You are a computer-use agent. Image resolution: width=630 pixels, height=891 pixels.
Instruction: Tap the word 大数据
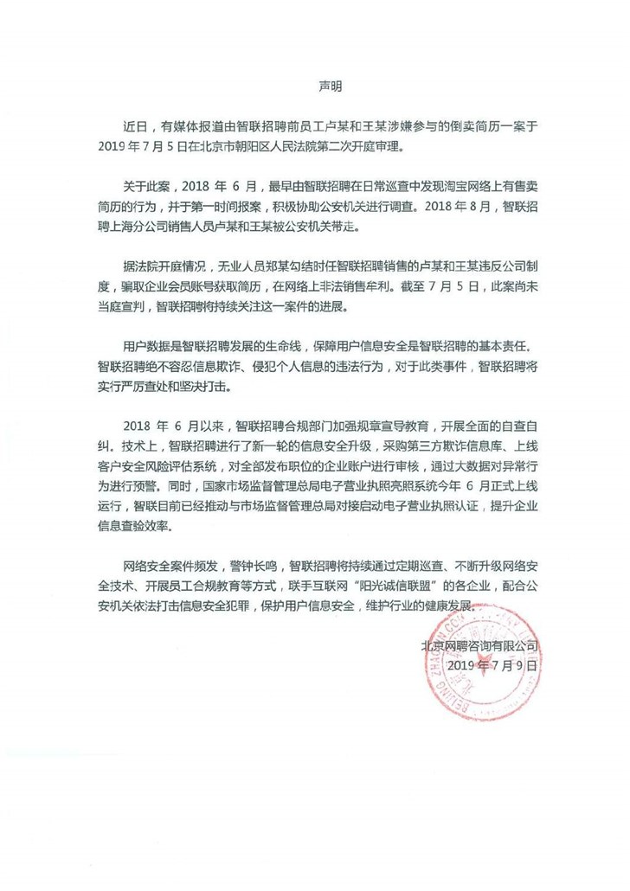[x=478, y=471]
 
